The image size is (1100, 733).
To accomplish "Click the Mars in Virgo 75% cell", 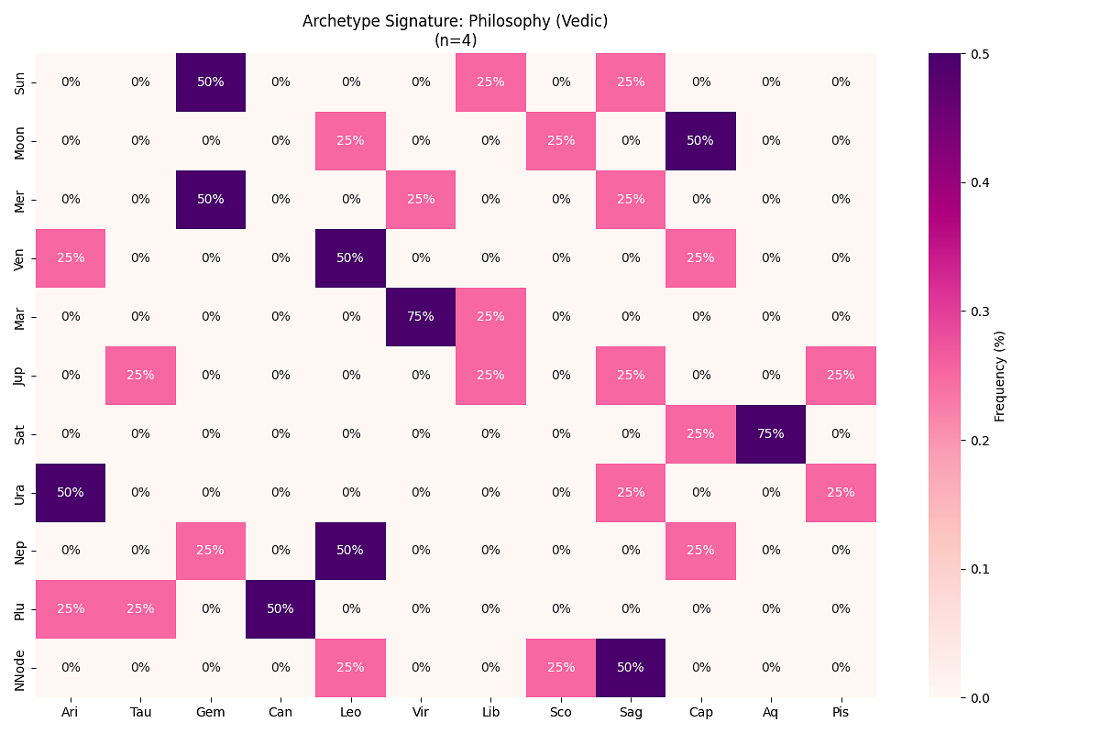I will tap(421, 316).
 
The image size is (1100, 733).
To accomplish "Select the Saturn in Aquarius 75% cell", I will tap(771, 433).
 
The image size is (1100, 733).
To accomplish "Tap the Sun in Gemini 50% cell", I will tap(211, 82).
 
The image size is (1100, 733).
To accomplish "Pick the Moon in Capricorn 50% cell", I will tap(700, 140).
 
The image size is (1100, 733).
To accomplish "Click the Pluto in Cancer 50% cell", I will tap(280, 608).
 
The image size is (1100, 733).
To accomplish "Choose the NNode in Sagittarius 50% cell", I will tap(631, 667).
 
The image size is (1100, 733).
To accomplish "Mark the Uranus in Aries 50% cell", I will tap(71, 492).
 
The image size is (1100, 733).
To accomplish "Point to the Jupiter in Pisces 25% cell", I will tap(841, 375).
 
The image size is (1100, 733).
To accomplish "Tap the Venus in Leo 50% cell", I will tap(350, 257).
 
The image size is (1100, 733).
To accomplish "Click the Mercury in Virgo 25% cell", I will tap(421, 199).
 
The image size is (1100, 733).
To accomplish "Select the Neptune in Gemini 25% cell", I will tap(211, 550).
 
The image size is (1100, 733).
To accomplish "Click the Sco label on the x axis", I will tap(561, 711).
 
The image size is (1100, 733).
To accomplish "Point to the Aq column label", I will tap(771, 711).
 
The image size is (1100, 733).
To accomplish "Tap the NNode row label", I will tap(20, 667).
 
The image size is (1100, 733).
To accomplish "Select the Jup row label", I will tap(20, 375).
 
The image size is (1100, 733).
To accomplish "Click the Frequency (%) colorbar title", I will tap(1000, 376).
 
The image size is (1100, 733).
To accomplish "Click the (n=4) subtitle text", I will tap(456, 39).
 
